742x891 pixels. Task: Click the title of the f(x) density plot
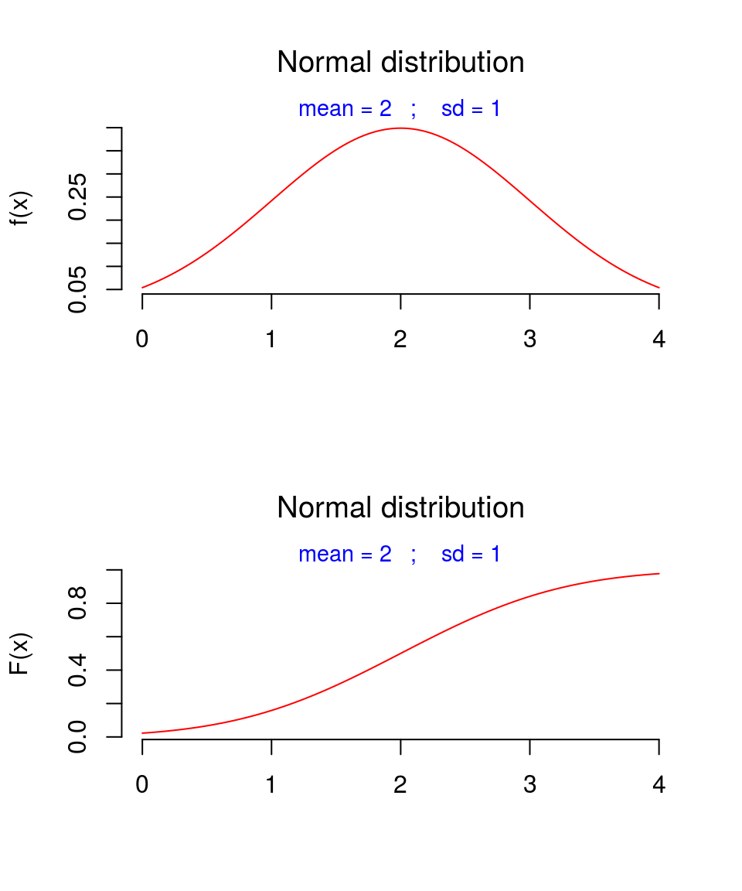pyautogui.click(x=400, y=63)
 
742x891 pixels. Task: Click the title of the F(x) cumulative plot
pyautogui.click(x=400, y=508)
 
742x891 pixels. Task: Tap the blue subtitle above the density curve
pyautogui.click(x=400, y=109)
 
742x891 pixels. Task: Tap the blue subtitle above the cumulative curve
pyautogui.click(x=400, y=555)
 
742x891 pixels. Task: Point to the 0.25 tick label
pyautogui.click(x=77, y=196)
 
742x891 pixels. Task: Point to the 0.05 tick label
pyautogui.click(x=77, y=289)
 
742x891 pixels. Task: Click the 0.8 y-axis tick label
pyautogui.click(x=77, y=603)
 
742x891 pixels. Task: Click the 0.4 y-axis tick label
pyautogui.click(x=77, y=670)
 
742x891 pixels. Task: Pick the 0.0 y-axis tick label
pyautogui.click(x=77, y=736)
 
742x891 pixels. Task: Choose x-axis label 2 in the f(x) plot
pyautogui.click(x=400, y=339)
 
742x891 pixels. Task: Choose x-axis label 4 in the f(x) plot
pyautogui.click(x=659, y=339)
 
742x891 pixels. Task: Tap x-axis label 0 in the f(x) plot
pyautogui.click(x=142, y=339)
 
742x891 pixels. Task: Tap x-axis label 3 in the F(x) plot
pyautogui.click(x=529, y=784)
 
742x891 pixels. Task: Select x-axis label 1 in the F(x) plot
pyautogui.click(x=271, y=784)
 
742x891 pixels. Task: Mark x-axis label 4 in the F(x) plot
pyautogui.click(x=659, y=784)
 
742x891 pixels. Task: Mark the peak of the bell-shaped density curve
pyautogui.click(x=400, y=128)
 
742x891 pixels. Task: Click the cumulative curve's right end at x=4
pyautogui.click(x=659, y=574)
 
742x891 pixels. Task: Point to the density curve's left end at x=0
pyautogui.click(x=143, y=288)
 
